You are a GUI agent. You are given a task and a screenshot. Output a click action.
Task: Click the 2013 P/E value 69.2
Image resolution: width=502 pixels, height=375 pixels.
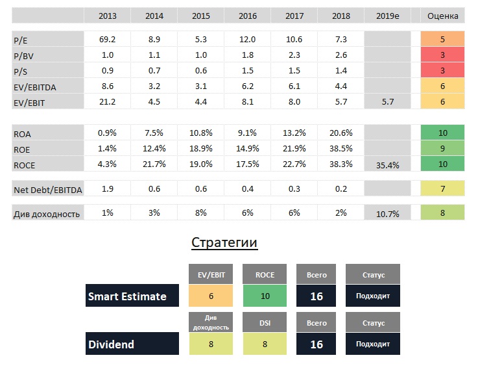[x=107, y=40]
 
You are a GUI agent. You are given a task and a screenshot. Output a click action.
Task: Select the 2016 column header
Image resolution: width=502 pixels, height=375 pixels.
[x=247, y=16]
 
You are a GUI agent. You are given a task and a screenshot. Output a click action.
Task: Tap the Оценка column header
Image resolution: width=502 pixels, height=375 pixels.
[x=443, y=16]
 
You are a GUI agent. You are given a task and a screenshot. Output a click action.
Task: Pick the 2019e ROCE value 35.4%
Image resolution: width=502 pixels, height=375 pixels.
[x=388, y=165]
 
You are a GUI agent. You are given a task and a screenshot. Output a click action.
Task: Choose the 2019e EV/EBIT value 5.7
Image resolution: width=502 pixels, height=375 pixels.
[x=388, y=102]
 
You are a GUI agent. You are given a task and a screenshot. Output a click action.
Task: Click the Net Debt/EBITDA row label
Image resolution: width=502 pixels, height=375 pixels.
[x=47, y=190]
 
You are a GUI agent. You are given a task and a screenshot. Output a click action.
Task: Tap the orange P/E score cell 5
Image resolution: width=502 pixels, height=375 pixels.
[x=443, y=39]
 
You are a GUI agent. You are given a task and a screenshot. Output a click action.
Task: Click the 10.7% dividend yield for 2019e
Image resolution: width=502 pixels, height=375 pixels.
[x=388, y=214]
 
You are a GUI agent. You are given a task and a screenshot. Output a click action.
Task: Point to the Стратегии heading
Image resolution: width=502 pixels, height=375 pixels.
[x=224, y=243]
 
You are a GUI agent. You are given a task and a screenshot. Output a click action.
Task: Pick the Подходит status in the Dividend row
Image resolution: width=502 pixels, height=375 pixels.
[x=372, y=344]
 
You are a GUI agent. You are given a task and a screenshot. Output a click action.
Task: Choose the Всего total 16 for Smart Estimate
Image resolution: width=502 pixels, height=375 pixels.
[x=317, y=296]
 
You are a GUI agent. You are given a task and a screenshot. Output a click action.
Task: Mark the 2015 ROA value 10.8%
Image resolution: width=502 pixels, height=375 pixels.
[x=200, y=133]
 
